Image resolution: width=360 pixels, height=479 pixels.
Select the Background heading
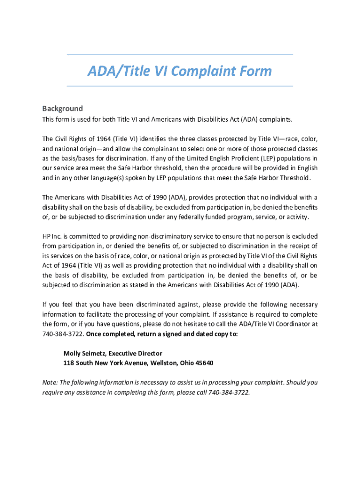[x=62, y=109]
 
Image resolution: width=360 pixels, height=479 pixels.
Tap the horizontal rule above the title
[x=180, y=55]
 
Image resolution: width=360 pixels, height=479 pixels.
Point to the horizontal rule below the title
[x=180, y=86]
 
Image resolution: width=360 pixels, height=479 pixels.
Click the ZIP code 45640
[x=205, y=363]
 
